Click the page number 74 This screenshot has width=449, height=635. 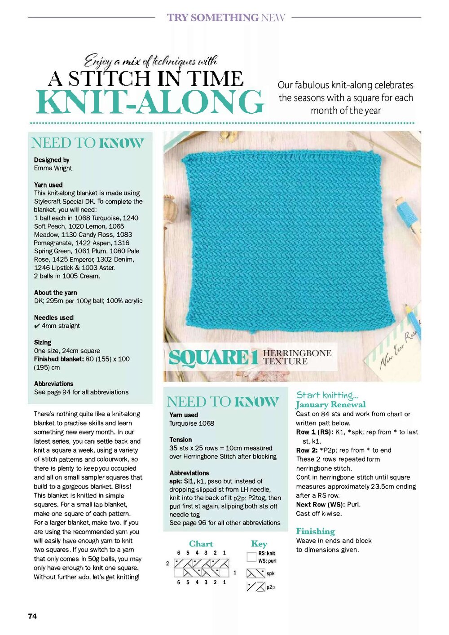pos(32,616)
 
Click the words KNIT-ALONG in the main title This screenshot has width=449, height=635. pos(150,102)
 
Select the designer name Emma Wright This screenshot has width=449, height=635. pos(53,168)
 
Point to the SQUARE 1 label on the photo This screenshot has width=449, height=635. pos(213,358)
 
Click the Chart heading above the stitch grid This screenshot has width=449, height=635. pos(201,544)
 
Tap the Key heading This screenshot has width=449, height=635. pos(259,544)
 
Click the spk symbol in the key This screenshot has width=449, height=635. pos(255,573)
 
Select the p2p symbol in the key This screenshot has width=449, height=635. pos(255,586)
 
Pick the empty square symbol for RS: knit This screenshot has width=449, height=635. pos(251,557)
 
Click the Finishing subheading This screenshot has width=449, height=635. pos(315,531)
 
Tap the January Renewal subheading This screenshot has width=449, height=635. pos(330,405)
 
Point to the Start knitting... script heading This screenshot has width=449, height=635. pos(327,395)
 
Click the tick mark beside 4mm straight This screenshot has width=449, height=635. pos(37,326)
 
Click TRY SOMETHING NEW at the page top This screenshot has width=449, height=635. pos(226,18)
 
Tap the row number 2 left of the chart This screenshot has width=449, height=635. pos(167,563)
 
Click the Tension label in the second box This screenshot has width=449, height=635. pos(180,440)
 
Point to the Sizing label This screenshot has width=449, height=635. pos(43,342)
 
